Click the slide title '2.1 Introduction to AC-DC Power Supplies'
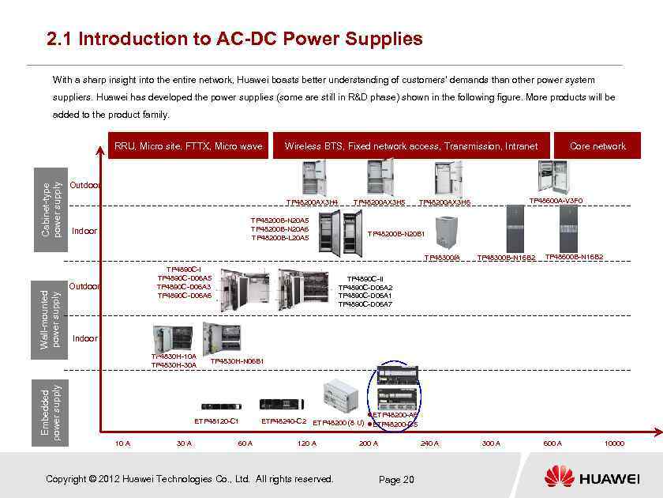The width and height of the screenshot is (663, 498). pos(234,39)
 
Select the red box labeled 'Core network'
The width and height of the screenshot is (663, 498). pos(597,145)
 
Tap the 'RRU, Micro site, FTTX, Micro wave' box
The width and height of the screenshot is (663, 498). pos(188,145)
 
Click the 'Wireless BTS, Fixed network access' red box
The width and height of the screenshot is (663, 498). pos(410,145)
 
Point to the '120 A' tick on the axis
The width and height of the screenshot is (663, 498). pos(307,443)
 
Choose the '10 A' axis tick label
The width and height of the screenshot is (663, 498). pos(122,443)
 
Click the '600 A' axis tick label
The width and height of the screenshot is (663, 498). pos(552,443)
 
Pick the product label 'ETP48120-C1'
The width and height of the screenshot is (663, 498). pos(216,421)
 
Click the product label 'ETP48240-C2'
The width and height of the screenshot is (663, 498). pos(283,421)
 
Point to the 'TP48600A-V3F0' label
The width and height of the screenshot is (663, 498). pos(556,201)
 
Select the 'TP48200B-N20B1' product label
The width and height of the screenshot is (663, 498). pos(396,234)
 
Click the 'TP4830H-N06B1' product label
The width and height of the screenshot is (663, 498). pos(237,361)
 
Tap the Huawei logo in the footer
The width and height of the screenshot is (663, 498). pos(591,477)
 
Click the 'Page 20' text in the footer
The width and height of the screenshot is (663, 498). pos(396,479)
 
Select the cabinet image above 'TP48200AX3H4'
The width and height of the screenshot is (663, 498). pos(313,178)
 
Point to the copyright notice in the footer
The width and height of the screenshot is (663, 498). pos(189,478)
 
